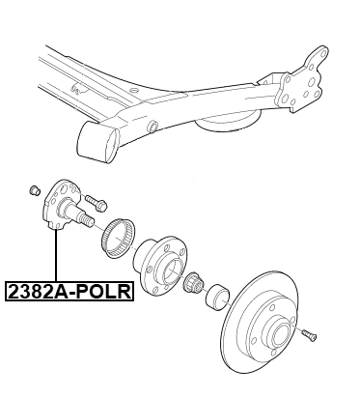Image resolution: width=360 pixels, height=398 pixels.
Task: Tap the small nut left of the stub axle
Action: pos(34,189)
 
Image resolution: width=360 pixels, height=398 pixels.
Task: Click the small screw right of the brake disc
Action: pos(308,334)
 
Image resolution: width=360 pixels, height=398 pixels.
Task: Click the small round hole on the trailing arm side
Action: pos(155,127)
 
